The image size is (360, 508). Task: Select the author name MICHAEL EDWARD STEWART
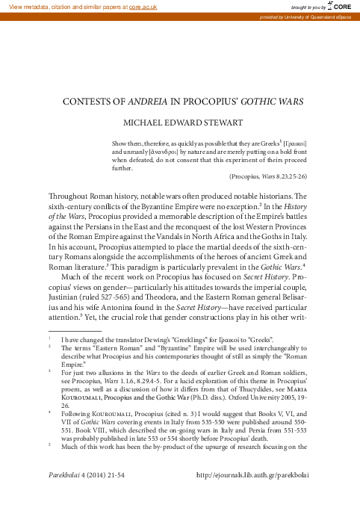pyautogui.click(x=179, y=123)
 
